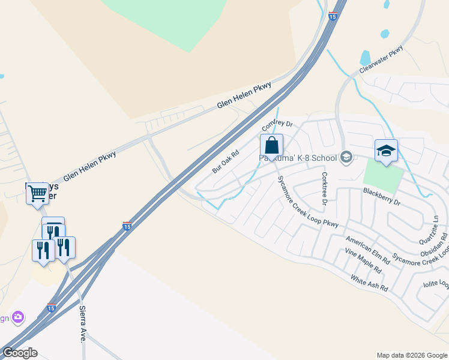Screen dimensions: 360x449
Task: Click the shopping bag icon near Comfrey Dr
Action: (x=271, y=146)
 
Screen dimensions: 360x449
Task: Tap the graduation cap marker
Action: (x=386, y=151)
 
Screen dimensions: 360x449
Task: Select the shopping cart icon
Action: (x=37, y=193)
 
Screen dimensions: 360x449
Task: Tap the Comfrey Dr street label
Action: (x=276, y=124)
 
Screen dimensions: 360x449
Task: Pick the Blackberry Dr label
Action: (x=381, y=196)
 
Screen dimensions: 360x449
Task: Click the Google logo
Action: (x=20, y=353)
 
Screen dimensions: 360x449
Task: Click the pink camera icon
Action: (x=19, y=316)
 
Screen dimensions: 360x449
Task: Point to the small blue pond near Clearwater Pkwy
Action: (x=365, y=58)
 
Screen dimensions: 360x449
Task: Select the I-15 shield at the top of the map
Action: (x=332, y=16)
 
